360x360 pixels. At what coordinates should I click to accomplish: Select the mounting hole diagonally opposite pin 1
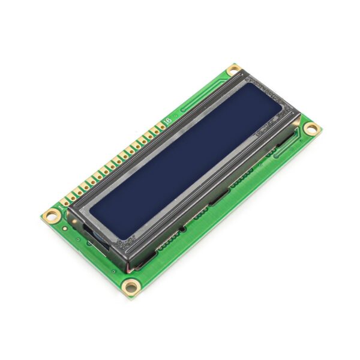(x=311, y=128)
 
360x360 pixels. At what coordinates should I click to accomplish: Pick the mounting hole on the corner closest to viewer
(x=130, y=286)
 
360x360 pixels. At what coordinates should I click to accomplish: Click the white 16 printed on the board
(x=167, y=121)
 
